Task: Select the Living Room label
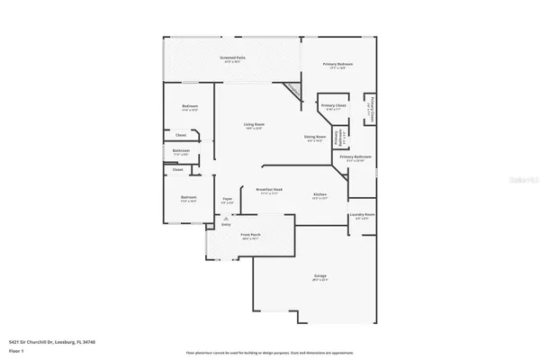tap(253, 126)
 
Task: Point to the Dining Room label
tap(314, 137)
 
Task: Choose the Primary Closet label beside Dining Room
tap(333, 106)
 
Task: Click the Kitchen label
tap(319, 195)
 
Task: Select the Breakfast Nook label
tap(270, 191)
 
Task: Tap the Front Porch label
tap(251, 236)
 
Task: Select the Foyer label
tap(228, 201)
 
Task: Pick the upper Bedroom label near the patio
tap(189, 107)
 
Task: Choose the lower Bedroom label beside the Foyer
tap(188, 198)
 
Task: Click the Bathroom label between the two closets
tap(181, 151)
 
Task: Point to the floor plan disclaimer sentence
tap(269, 353)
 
